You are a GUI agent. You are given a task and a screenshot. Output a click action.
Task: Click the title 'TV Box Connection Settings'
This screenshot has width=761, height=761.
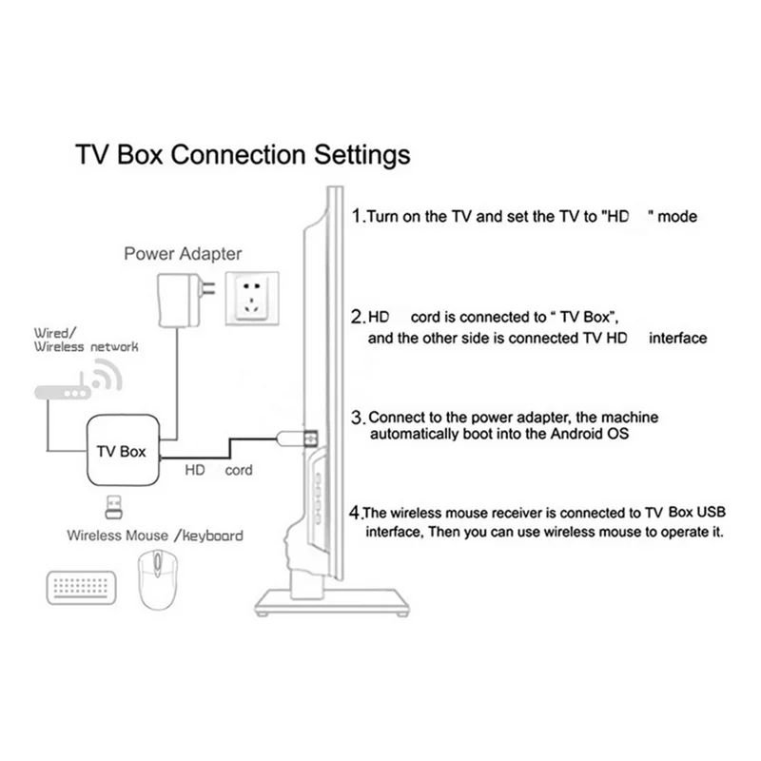pyautogui.click(x=243, y=154)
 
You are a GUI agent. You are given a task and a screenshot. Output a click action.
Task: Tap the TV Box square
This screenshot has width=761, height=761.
pyautogui.click(x=122, y=450)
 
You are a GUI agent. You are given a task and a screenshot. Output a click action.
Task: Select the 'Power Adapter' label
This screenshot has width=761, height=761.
pyautogui.click(x=184, y=254)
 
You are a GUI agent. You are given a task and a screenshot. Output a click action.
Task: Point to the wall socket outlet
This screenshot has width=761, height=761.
pyautogui.click(x=254, y=299)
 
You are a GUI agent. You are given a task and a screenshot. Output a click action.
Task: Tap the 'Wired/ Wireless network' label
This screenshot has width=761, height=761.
pyautogui.click(x=86, y=341)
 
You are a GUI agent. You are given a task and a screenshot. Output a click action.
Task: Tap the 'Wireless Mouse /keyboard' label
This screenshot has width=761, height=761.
pyautogui.click(x=155, y=536)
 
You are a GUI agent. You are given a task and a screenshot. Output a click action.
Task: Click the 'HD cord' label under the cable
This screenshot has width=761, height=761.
pyautogui.click(x=219, y=471)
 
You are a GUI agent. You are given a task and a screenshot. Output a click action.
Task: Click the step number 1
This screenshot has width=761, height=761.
pyautogui.click(x=357, y=216)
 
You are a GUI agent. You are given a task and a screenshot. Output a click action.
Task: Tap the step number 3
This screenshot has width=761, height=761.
pyautogui.click(x=358, y=418)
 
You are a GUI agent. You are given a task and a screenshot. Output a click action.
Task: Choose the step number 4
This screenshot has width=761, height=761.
pyautogui.click(x=356, y=510)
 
